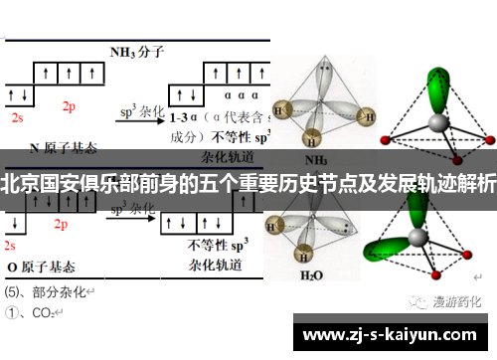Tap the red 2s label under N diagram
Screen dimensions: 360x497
coord(17,116)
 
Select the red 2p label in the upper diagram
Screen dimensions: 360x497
coord(69,105)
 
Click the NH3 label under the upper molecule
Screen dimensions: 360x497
coord(315,159)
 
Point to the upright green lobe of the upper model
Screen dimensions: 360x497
coord(435,85)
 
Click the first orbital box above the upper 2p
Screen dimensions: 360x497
coord(46,73)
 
